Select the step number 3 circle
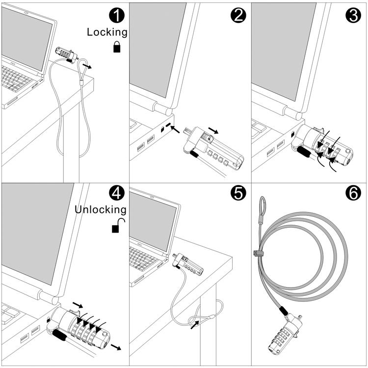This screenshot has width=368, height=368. (352, 16)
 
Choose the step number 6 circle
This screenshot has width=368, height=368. (352, 194)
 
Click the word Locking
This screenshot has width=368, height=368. (107, 32)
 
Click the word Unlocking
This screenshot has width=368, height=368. (100, 210)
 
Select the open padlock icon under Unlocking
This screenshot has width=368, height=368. (118, 225)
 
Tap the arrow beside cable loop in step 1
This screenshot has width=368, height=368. (86, 66)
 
